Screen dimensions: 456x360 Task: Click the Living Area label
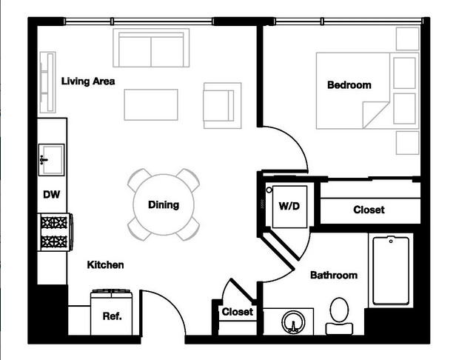pyautogui.click(x=88, y=81)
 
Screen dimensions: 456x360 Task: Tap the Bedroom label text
pyautogui.click(x=349, y=85)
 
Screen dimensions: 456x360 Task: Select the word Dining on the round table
pyautogui.click(x=164, y=205)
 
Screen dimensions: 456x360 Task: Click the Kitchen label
pyautogui.click(x=106, y=265)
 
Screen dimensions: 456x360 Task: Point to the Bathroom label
pyautogui.click(x=334, y=275)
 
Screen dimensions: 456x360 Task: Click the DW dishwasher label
pyautogui.click(x=52, y=194)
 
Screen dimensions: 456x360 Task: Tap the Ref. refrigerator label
pyautogui.click(x=113, y=316)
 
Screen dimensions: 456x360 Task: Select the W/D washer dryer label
pyautogui.click(x=289, y=206)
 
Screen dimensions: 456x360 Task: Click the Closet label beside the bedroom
pyautogui.click(x=369, y=210)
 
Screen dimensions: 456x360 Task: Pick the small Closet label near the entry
pyautogui.click(x=238, y=312)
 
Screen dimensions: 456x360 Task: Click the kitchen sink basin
pyautogui.click(x=52, y=160)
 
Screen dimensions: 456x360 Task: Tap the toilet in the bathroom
pyautogui.click(x=339, y=316)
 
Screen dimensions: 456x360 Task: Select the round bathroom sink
pyautogui.click(x=293, y=322)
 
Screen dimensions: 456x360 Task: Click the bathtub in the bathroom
pyautogui.click(x=391, y=270)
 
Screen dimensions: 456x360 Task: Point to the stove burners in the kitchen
pyautogui.click(x=54, y=232)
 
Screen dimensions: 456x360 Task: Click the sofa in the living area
pyautogui.click(x=151, y=48)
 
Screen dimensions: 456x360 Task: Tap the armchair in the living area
pyautogui.click(x=223, y=106)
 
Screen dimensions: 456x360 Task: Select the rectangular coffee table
pyautogui.click(x=151, y=104)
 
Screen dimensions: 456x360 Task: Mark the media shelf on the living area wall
pyautogui.click(x=47, y=82)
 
